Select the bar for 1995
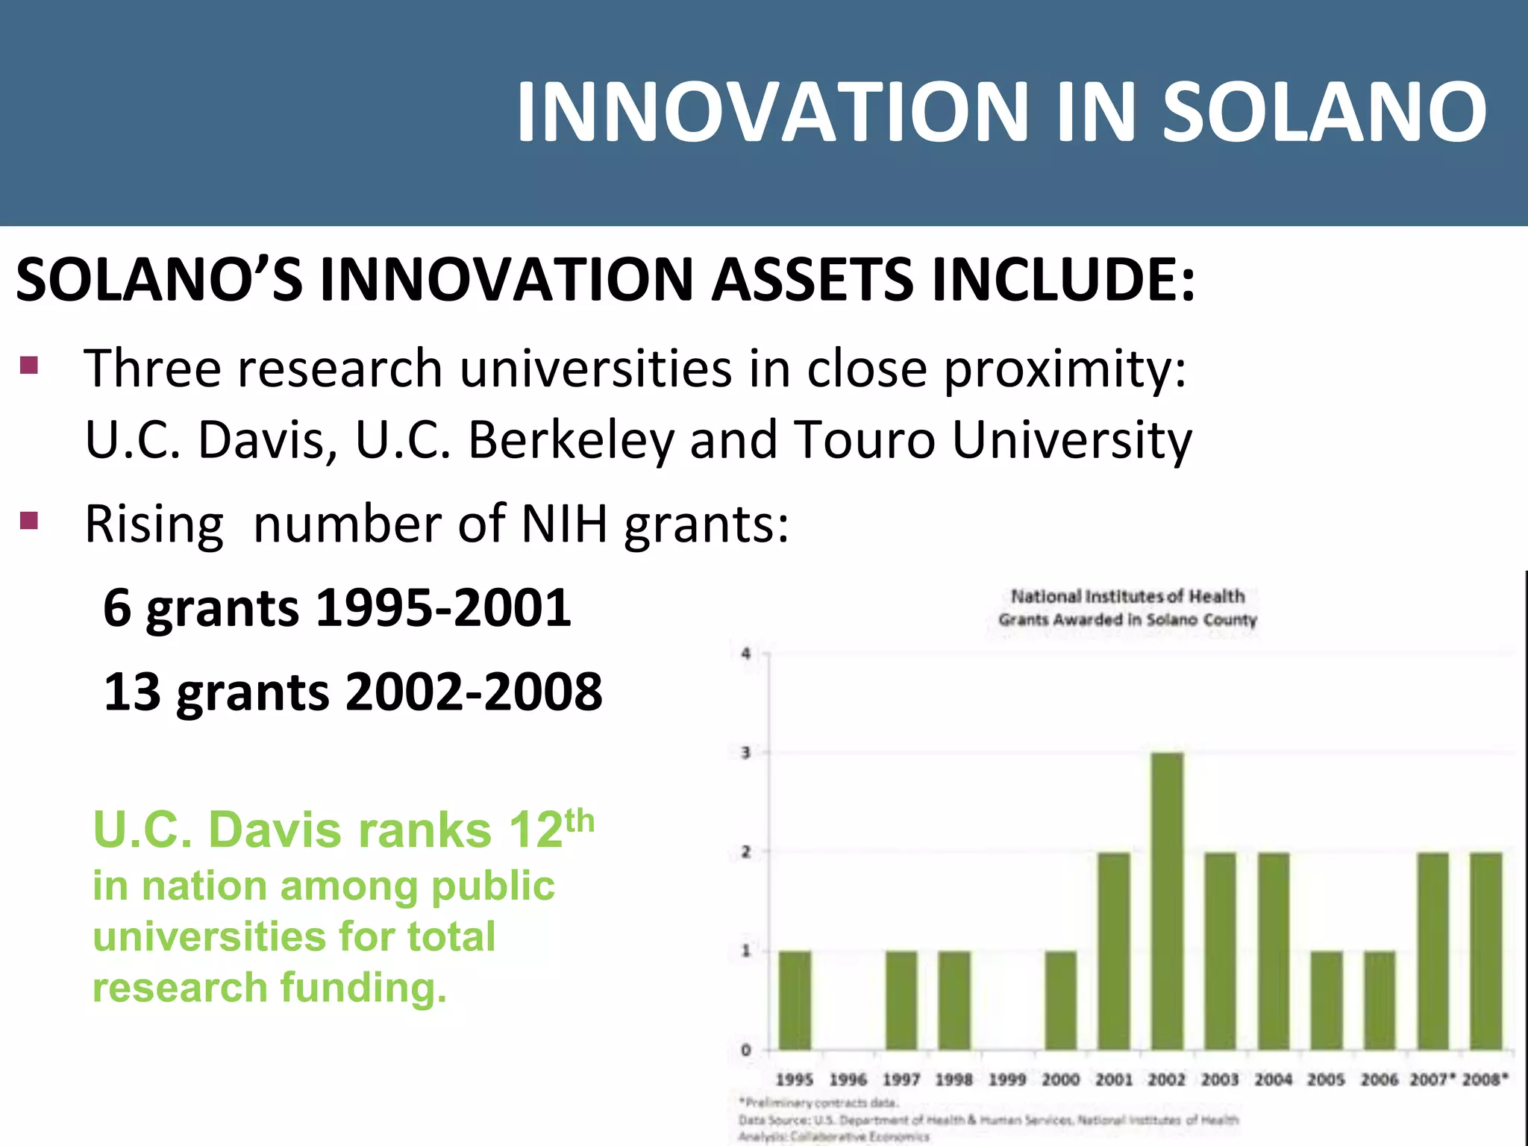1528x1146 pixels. coord(795,1001)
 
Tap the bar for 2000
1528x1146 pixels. coord(1060,1001)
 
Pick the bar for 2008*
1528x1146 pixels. coord(1485,951)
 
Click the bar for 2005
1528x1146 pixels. coord(1327,1001)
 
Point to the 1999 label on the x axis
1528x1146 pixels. coord(1007,1080)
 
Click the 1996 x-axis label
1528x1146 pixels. coord(848,1080)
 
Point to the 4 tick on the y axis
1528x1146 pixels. coord(745,654)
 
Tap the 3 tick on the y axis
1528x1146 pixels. coord(745,753)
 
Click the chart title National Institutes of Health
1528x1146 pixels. coord(1127,596)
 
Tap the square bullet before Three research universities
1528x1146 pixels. coord(29,365)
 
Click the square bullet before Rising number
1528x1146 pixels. coord(29,520)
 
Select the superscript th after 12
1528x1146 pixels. coord(580,821)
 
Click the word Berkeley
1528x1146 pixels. coord(571,439)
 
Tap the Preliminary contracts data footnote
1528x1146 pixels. coord(819,1102)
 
